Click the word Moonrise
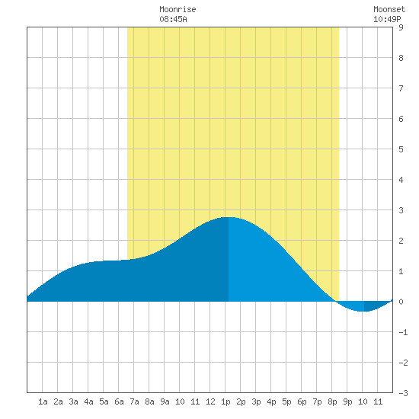tap(178, 9)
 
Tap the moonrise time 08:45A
tap(173, 19)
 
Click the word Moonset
tap(389, 9)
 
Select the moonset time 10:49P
tap(387, 19)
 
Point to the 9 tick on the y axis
tap(401, 27)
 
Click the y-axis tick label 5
tap(401, 149)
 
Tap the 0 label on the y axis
tap(401, 302)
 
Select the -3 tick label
tap(403, 393)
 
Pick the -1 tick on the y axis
tap(403, 332)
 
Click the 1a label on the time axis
tap(43, 401)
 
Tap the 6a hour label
tap(119, 401)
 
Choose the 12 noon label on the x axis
tap(210, 401)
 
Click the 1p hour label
tap(225, 401)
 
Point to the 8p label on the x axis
tap(332, 401)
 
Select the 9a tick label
tap(165, 401)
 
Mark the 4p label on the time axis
tap(271, 401)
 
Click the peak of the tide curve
tap(229, 217)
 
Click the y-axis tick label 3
tap(401, 210)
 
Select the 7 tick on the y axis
tap(401, 88)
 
